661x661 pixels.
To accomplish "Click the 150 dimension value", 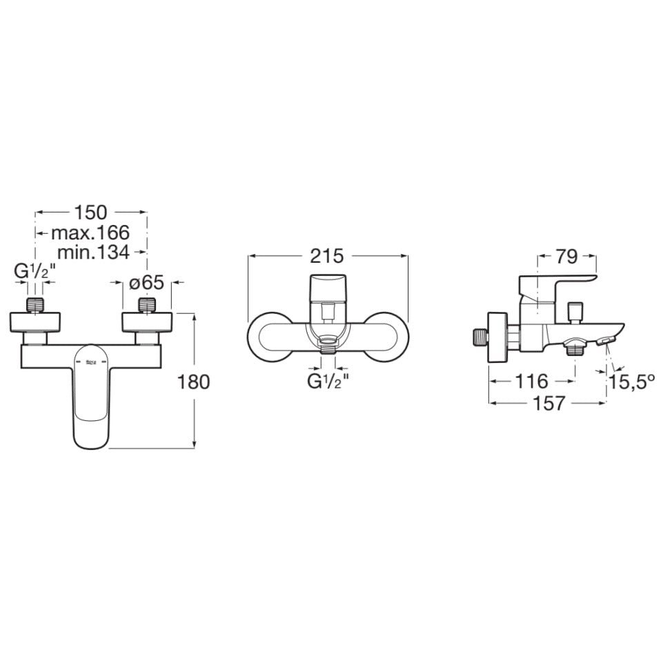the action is tap(90, 213).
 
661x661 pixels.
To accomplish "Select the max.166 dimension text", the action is tap(90, 233).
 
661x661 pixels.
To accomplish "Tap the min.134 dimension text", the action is tap(93, 253).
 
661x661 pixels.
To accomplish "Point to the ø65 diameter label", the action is tap(146, 282).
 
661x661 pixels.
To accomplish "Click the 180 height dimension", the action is tap(193, 382).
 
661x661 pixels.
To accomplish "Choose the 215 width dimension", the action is tap(327, 256).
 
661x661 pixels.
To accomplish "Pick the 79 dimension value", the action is tap(566, 256).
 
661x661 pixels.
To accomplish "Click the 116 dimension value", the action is tap(532, 382).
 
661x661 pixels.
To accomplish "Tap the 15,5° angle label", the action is tap(631, 382).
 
